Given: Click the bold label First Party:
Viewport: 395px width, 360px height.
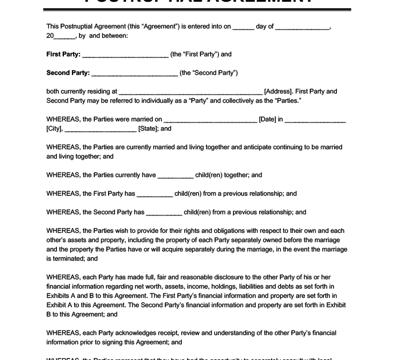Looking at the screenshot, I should (x=63, y=55).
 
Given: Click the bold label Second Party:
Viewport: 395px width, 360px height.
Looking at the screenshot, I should (x=68, y=73).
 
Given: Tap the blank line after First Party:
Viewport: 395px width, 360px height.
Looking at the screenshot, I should (x=125, y=55).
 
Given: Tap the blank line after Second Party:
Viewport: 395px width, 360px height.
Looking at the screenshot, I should (x=135, y=74).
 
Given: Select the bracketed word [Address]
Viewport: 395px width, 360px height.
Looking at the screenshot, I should (x=278, y=92).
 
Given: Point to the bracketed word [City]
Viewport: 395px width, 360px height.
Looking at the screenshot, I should (x=54, y=129).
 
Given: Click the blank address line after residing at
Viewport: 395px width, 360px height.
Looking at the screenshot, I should (x=191, y=92).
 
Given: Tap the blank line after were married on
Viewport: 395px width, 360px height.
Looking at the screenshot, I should (x=210, y=120).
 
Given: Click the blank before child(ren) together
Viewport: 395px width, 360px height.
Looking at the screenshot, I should (x=175, y=175).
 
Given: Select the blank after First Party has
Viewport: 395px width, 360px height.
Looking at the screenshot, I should (x=155, y=194).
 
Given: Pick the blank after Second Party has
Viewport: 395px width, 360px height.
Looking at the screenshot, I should (x=164, y=213).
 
